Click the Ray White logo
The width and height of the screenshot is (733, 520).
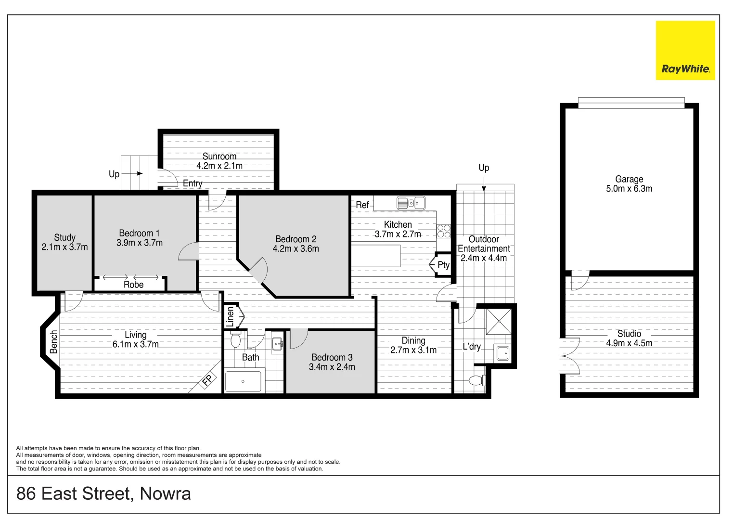[x=685, y=51]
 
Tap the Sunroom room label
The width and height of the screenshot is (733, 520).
[x=219, y=156]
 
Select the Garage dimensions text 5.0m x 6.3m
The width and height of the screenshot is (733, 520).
[x=629, y=189]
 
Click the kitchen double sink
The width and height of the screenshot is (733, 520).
[x=411, y=203]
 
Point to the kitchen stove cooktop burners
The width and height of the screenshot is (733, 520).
[x=444, y=231]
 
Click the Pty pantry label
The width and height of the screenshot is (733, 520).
[x=443, y=265]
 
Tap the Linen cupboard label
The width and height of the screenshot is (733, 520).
[x=230, y=317]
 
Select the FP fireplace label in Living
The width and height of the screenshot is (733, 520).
[x=207, y=381]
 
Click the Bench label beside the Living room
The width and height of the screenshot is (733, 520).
[x=53, y=342]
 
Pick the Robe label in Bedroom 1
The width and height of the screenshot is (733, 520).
[x=133, y=285]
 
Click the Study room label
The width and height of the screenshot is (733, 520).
[x=64, y=237]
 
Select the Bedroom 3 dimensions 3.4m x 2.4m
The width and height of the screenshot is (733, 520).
[x=332, y=367]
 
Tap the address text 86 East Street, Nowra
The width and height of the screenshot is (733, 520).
[x=103, y=494]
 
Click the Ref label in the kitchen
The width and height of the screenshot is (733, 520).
[x=362, y=205]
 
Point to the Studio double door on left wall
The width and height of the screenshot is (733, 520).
[x=570, y=356]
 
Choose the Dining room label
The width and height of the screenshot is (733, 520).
[x=413, y=340]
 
